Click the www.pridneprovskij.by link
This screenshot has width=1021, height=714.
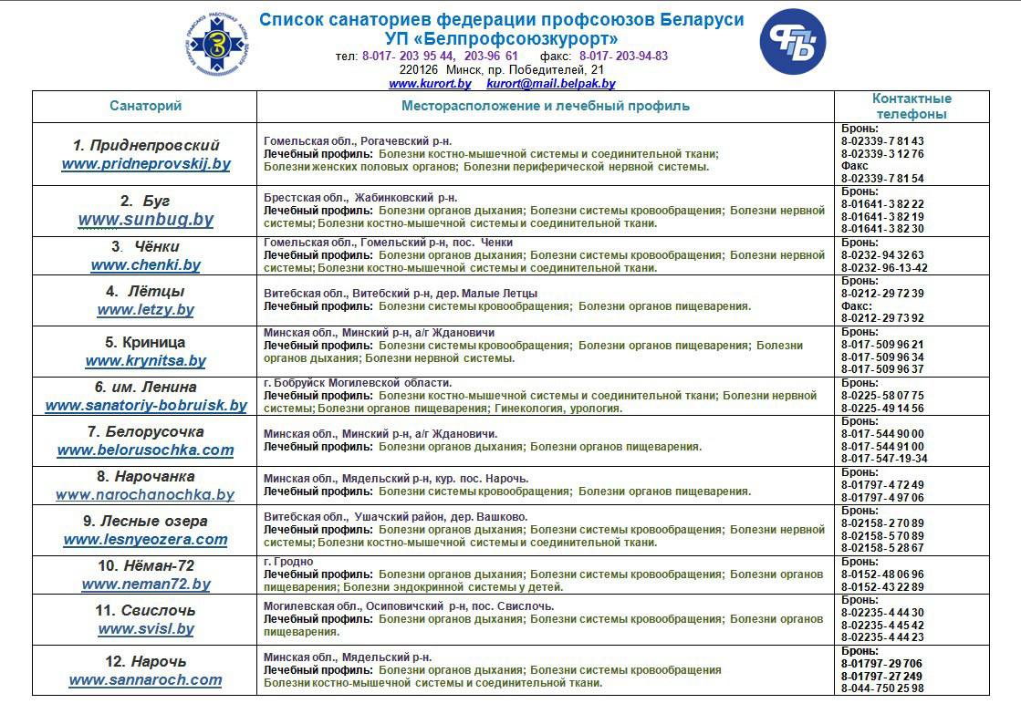pos(146,165)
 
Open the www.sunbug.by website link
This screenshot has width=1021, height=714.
pos(146,220)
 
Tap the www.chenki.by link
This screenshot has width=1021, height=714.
pos(146,265)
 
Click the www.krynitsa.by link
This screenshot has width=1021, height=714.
pos(146,361)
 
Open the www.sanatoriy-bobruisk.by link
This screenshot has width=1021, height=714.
pos(146,406)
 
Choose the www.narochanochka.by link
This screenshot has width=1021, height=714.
pos(146,495)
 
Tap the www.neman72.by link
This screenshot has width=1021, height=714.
pos(146,585)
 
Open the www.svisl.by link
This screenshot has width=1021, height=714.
pos(146,629)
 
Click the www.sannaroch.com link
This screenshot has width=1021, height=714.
pos(146,680)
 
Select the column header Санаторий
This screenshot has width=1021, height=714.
pos(146,106)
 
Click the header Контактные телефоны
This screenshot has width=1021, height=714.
pos(912,106)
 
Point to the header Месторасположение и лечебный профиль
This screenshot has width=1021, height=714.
pos(546,106)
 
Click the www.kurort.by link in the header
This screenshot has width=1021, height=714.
pos(430,84)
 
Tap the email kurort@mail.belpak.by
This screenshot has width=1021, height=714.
pos(551,84)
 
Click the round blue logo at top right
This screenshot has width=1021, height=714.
pos(793,42)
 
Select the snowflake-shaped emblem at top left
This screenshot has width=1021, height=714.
pos(218,42)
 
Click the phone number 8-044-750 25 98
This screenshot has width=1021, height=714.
pos(882,688)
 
